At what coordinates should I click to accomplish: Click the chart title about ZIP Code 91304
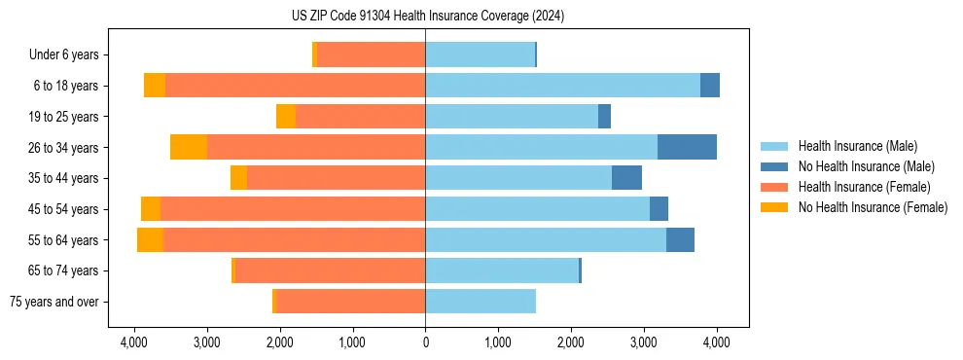427,17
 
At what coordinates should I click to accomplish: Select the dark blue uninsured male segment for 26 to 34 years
687,147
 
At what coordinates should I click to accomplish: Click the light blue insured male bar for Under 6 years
480,54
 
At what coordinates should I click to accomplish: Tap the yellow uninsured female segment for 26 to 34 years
189,147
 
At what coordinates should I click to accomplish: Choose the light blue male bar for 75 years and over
481,302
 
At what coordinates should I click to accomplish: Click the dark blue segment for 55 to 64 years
680,239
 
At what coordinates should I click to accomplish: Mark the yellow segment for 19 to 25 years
286,117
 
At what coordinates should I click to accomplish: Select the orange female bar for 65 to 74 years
331,270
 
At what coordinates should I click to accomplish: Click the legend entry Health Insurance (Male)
857,146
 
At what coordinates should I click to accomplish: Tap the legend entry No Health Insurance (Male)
866,166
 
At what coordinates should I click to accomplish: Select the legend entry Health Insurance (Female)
864,187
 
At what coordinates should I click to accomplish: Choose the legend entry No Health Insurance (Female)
873,207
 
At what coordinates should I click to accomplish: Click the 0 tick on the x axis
425,342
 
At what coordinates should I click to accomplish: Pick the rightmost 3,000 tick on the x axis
644,342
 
